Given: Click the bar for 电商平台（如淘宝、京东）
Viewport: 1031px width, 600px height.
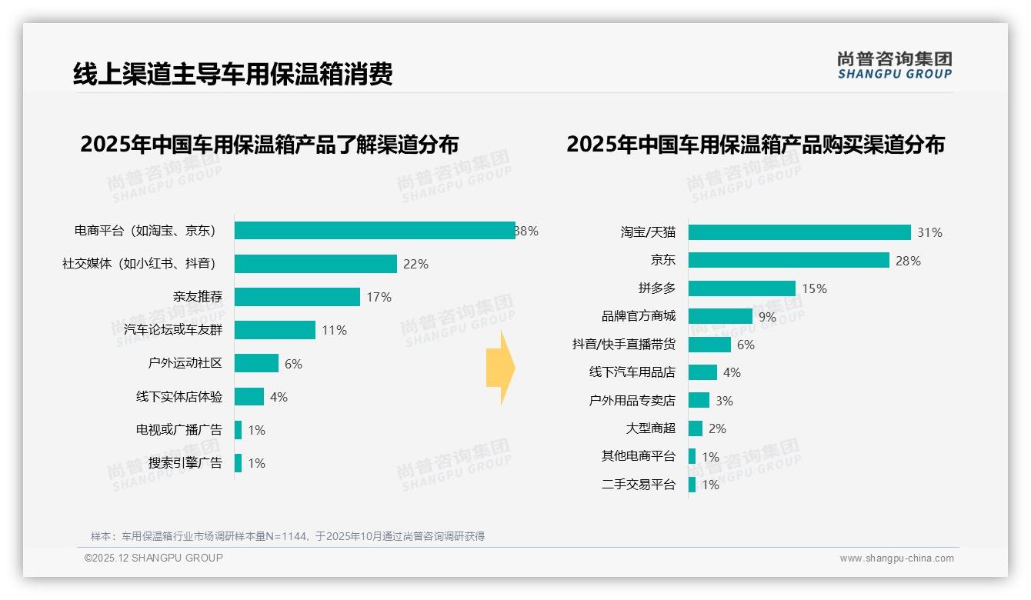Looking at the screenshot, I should coord(375,231).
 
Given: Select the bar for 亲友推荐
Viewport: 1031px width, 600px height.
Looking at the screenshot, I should coord(297,297).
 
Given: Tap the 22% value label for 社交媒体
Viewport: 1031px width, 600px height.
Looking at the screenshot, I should coord(415,264).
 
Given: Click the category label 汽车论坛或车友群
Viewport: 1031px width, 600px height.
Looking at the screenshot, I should coord(172,330).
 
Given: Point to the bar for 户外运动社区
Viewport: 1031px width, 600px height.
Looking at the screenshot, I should coord(256,363).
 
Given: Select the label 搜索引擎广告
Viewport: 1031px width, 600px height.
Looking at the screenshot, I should coord(185,463).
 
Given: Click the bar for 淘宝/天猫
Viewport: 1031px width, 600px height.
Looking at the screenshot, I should coord(799,232).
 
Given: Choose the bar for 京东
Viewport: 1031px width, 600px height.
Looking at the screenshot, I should coord(789,260).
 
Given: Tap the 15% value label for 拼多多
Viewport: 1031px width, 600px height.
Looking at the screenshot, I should coord(814,288).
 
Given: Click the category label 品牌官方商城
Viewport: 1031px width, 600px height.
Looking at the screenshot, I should coord(638,316).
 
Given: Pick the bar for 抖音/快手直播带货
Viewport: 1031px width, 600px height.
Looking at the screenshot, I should coord(709,345).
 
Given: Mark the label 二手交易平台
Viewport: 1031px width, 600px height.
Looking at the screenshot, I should coord(638,485).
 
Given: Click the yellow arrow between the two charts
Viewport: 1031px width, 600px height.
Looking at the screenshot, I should coord(501,368).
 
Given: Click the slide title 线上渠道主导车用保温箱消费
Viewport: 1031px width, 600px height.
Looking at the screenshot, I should coord(232,74).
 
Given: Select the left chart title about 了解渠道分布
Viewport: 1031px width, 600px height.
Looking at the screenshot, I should coord(269,145).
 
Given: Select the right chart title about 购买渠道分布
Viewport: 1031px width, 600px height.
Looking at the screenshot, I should coord(755,145).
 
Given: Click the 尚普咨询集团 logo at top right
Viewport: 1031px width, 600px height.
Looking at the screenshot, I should coord(894,65).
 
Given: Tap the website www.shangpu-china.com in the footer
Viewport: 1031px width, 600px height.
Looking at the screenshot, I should coord(896,558).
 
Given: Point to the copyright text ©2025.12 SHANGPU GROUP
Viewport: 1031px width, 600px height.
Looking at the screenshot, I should coord(154,558).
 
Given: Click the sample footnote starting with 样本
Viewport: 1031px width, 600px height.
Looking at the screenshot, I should coord(288,536).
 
